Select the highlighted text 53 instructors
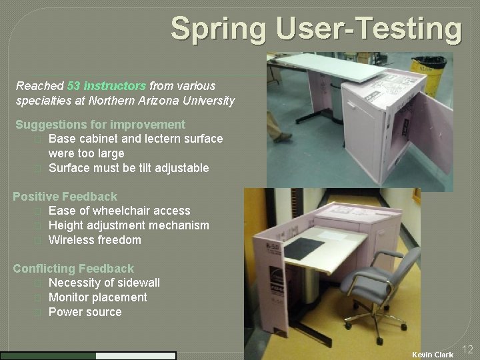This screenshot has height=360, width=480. (107, 86)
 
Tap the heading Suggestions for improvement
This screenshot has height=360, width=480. (100, 125)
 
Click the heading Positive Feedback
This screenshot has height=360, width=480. (65, 197)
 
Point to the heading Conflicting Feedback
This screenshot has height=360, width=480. (73, 269)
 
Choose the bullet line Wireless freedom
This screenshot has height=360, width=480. (95, 240)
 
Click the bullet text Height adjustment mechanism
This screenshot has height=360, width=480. (129, 225)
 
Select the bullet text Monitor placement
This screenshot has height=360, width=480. (98, 297)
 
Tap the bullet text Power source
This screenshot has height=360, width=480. (85, 312)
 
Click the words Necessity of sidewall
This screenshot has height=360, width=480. (104, 283)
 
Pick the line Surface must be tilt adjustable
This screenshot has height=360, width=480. (129, 168)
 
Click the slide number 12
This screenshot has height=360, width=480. (467, 349)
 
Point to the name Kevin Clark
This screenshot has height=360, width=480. (432, 355)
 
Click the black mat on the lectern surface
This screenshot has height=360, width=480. (305, 249)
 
